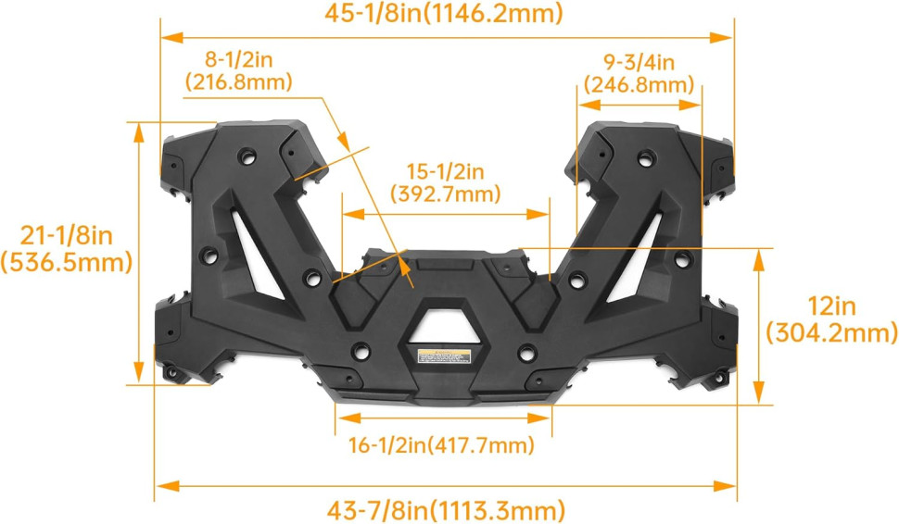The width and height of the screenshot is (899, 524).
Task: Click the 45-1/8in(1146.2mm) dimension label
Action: [445, 13]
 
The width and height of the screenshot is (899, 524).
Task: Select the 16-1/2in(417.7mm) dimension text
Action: [443, 445]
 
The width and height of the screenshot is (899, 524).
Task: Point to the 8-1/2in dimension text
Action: [238, 60]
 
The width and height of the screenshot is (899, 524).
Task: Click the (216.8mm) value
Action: [238, 81]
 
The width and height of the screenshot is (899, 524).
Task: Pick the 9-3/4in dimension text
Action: [639, 63]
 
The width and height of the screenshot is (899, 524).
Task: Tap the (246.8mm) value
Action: [639, 85]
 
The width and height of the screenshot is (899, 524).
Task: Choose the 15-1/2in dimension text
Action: [446, 172]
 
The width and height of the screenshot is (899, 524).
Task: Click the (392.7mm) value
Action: [446, 194]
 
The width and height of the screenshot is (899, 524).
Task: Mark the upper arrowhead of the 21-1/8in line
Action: [139, 131]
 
